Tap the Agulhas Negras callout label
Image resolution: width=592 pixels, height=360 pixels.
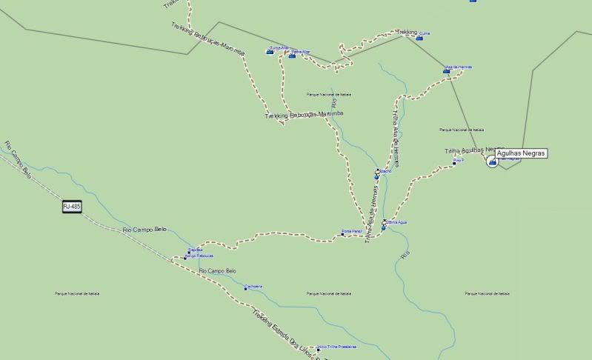(x=522, y=153)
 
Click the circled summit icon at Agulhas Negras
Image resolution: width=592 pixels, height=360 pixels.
(x=492, y=161)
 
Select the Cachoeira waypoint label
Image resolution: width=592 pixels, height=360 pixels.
(x=254, y=287)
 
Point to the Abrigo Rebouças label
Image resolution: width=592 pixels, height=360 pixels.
(x=199, y=256)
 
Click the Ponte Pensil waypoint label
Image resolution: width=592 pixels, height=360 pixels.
(x=353, y=232)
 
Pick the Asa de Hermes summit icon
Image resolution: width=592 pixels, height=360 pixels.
(x=447, y=71)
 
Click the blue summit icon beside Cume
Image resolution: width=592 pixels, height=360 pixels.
(x=419, y=37)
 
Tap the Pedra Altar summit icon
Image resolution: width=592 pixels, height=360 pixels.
(x=292, y=55)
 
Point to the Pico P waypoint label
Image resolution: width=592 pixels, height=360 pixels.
(x=459, y=160)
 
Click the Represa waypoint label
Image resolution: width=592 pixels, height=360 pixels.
(x=196, y=250)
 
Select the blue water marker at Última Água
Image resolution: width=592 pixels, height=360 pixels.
(x=383, y=228)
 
